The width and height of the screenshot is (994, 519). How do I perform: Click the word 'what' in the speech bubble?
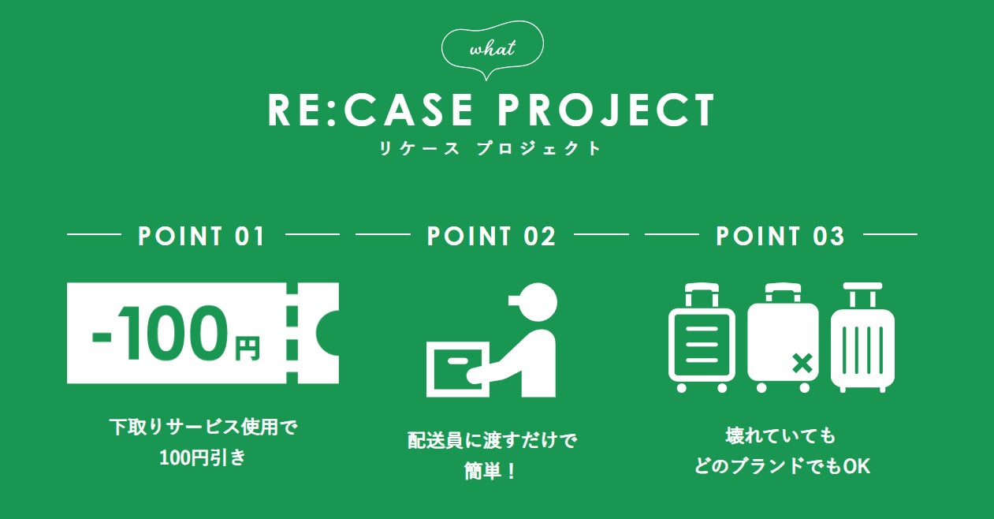point(492,49)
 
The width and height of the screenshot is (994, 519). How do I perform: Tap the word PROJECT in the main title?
point(605,110)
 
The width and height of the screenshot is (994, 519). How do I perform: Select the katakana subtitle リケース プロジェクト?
point(490,148)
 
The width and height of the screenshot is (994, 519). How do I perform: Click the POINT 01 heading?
point(203,236)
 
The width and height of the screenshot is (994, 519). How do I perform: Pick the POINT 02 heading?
point(492,236)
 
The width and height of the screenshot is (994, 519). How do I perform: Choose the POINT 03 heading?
point(780,236)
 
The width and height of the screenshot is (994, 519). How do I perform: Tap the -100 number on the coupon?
point(158,334)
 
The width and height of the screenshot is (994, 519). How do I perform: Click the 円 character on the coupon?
point(247,347)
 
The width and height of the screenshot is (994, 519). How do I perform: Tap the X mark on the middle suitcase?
point(802,364)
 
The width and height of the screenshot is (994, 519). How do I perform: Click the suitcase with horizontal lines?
point(702,339)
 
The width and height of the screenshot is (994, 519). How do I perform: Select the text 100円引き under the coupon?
point(203,457)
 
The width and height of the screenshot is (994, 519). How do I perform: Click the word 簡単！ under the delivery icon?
point(490,472)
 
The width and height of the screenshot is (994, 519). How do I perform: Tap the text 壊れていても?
point(780,435)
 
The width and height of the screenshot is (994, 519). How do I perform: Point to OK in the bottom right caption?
point(856,466)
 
